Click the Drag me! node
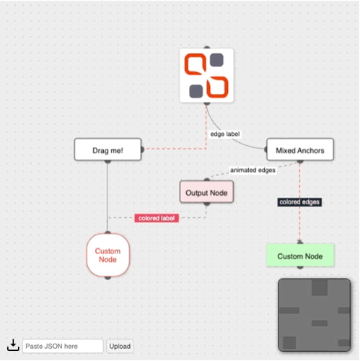[x=107, y=149]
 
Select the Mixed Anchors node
[x=300, y=150]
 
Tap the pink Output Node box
[x=207, y=192]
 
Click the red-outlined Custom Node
[x=107, y=255]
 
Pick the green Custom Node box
[x=300, y=256]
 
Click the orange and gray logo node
[x=206, y=76]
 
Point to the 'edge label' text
[x=224, y=134]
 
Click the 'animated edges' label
[x=253, y=170]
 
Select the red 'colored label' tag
[x=157, y=217]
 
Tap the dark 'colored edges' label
[x=299, y=202]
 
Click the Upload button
[x=120, y=347]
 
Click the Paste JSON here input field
[x=63, y=347]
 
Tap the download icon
[x=13, y=346]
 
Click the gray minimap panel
[x=314, y=315]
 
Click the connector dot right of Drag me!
[x=143, y=149]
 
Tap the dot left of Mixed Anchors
[x=266, y=150]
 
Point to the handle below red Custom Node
[x=107, y=277]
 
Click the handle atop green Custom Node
[x=300, y=243]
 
